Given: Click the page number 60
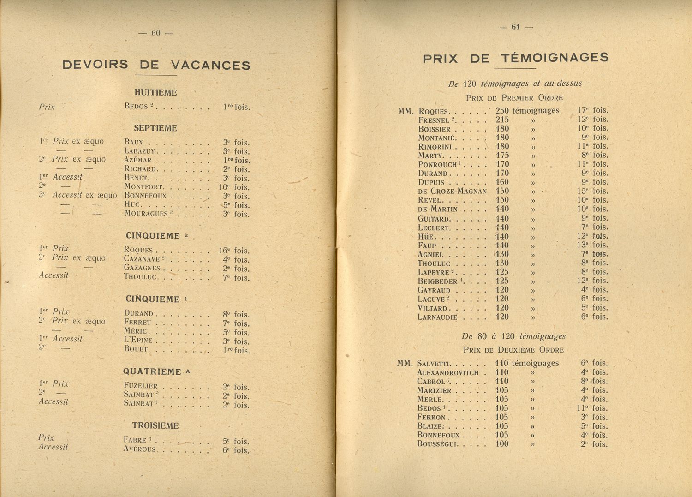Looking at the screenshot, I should click(155, 33).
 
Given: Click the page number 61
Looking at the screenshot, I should click(515, 27).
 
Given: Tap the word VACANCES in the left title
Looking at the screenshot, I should click(210, 65).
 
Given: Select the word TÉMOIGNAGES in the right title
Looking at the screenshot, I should click(554, 58).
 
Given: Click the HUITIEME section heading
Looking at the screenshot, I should click(155, 92).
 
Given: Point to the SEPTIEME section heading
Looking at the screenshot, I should click(155, 128).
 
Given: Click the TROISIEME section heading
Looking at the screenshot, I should click(155, 425).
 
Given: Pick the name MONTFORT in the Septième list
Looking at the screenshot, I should click(143, 187).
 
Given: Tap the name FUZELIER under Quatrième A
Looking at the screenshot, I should click(141, 386).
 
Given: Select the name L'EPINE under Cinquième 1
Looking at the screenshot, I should click(138, 341).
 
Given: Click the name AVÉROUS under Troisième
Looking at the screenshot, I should click(140, 449).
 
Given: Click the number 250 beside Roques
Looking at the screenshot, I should click(502, 111).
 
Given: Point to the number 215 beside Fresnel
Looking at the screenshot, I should click(502, 120).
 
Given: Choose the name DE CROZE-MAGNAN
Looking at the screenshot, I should click(452, 191).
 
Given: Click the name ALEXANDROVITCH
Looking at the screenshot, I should click(448, 372).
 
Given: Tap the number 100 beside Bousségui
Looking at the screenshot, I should click(501, 444).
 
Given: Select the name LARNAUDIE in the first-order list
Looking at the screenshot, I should click(437, 317).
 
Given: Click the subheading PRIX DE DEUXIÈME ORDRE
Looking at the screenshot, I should click(513, 350).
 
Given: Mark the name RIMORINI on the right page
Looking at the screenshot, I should click(435, 146).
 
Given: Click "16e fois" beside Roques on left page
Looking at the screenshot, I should click(234, 251).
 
